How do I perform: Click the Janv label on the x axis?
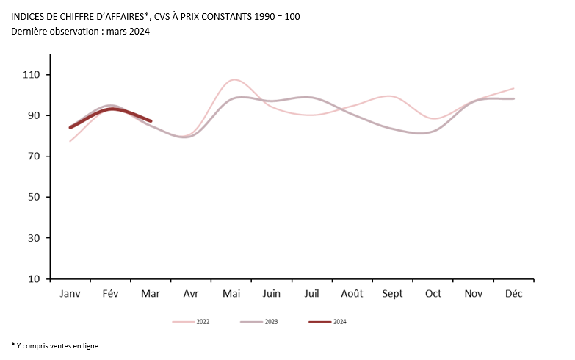[x=70, y=293]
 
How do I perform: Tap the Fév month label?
[x=110, y=293]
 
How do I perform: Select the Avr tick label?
[x=191, y=293]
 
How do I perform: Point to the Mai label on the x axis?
[x=231, y=293]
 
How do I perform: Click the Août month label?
[x=352, y=293]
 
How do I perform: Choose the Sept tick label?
[x=392, y=293]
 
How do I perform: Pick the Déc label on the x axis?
[x=513, y=293]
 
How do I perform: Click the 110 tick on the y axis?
[x=32, y=75]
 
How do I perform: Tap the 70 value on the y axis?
[x=35, y=156]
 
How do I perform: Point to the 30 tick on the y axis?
[x=35, y=238]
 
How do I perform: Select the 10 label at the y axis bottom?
[x=35, y=279]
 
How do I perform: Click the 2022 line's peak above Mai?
[x=234, y=79]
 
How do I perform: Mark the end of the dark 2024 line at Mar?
[x=151, y=120]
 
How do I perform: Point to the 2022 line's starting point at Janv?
[x=70, y=140]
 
